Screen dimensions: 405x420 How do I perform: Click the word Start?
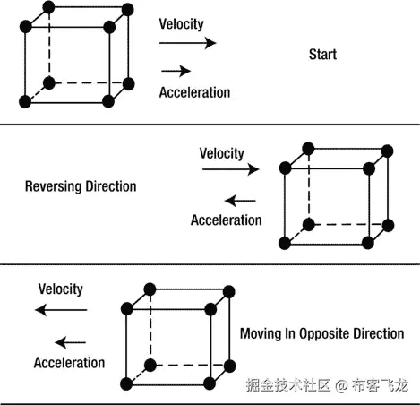point(322,55)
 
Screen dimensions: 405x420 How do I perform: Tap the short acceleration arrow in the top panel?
point(176,70)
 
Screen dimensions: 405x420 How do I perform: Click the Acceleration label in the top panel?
point(194,91)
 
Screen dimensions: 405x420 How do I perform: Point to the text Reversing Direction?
point(81,187)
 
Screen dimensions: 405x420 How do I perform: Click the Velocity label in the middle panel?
point(221,153)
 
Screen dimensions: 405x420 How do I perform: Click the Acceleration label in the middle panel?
point(227,220)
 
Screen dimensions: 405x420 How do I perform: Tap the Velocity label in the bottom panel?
point(60,289)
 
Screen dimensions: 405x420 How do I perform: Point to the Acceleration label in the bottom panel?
point(69,363)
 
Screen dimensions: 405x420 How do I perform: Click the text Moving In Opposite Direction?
point(321,333)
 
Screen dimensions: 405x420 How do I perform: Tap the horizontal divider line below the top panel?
point(210,125)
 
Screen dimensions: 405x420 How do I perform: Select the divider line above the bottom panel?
point(210,265)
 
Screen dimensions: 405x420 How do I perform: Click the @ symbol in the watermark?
point(340,386)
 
